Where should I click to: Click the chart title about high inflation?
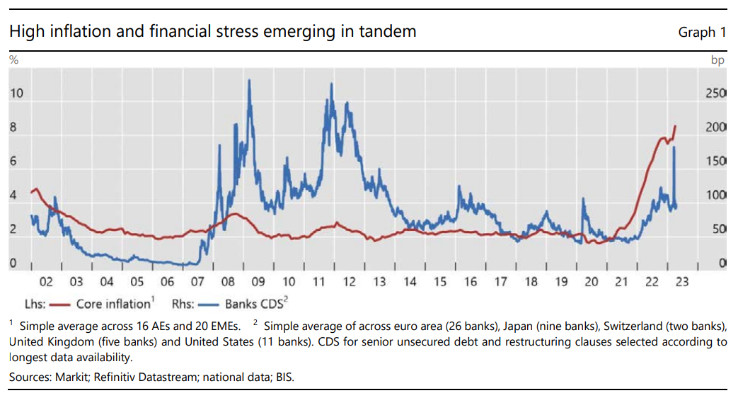click(x=212, y=32)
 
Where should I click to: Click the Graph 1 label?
click(x=702, y=32)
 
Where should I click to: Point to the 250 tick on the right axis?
click(x=716, y=93)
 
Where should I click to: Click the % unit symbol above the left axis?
click(x=13, y=60)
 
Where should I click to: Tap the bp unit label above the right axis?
click(x=717, y=60)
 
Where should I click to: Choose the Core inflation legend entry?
click(x=113, y=305)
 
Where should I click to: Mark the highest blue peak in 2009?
click(x=250, y=80)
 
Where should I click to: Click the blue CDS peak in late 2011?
click(x=332, y=84)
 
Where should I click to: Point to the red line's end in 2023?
click(x=676, y=125)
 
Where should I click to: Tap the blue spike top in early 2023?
click(x=674, y=147)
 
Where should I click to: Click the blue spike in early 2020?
click(x=582, y=198)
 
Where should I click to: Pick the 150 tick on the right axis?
click(x=716, y=161)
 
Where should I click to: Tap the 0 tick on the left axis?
click(x=13, y=263)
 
